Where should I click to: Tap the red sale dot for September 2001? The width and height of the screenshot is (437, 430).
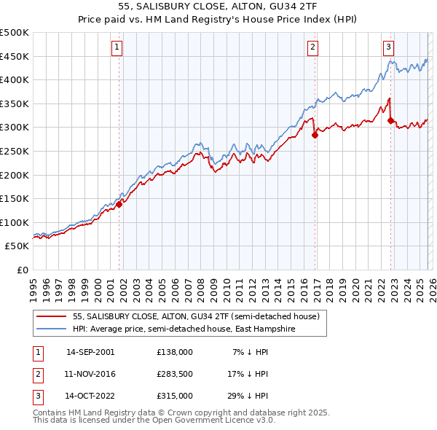coord(119,204)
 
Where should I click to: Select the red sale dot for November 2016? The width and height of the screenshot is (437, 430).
coord(315,135)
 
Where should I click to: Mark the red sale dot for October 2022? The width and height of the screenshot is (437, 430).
coord(391,120)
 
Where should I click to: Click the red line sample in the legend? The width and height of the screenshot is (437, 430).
coord(52,317)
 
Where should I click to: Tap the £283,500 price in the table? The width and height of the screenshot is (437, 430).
coord(175,374)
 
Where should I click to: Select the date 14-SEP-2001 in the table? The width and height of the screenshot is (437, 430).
coord(90,352)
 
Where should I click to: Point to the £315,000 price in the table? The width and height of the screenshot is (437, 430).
coord(175,396)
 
